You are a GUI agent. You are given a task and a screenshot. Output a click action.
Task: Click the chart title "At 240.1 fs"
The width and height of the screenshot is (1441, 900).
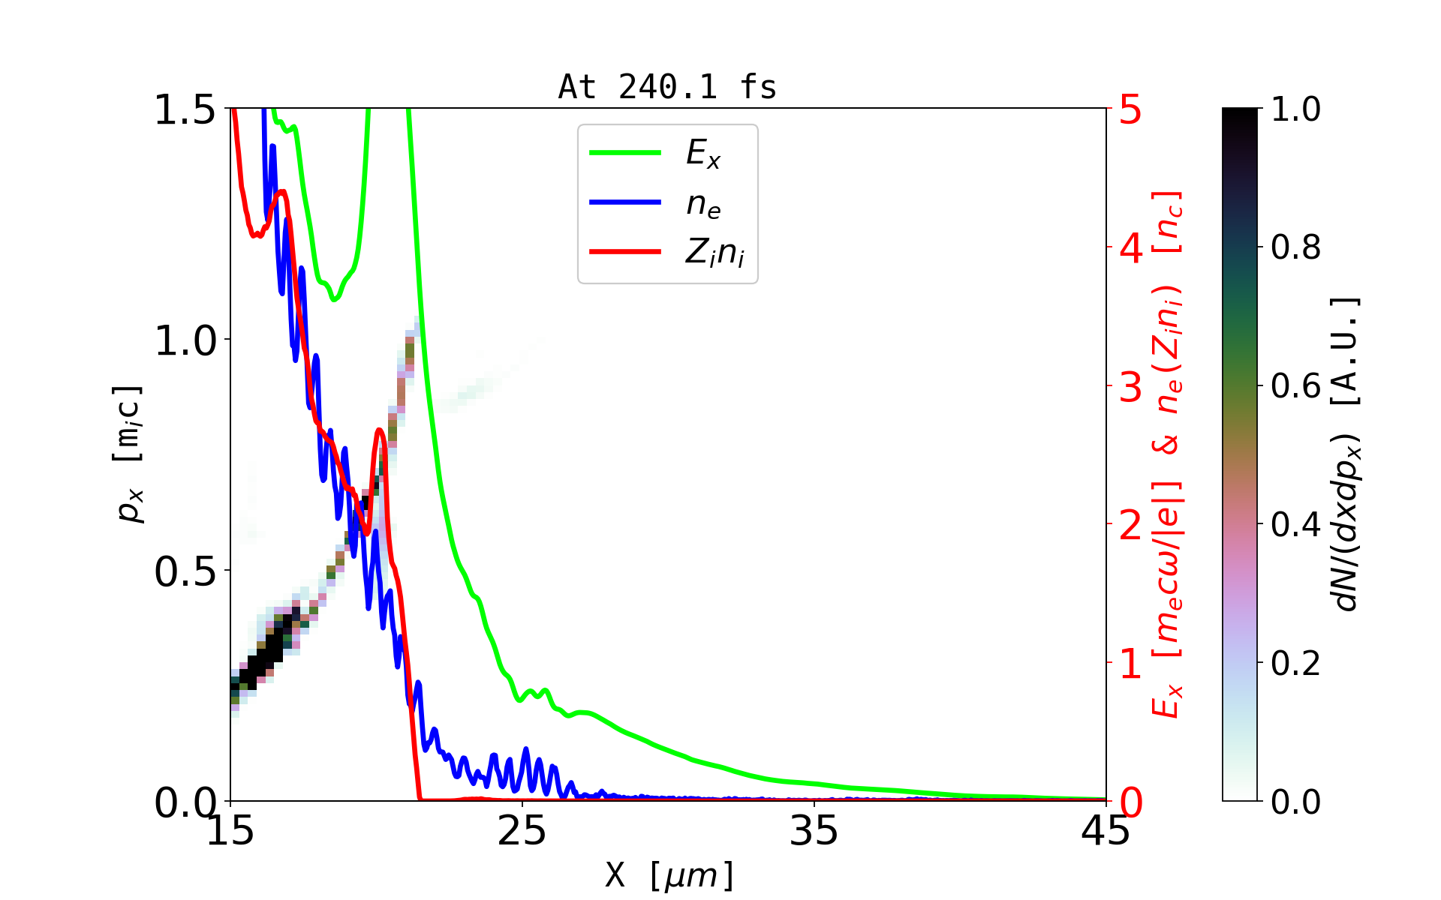(x=667, y=87)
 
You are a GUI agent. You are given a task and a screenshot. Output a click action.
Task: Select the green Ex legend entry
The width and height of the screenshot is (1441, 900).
(x=702, y=153)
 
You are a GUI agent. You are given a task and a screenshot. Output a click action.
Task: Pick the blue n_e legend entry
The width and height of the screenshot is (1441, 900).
(x=702, y=203)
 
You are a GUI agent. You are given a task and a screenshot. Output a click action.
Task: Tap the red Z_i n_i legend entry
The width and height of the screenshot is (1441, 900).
(x=713, y=253)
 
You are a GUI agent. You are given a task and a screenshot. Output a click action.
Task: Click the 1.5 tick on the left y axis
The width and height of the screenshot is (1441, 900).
(x=185, y=109)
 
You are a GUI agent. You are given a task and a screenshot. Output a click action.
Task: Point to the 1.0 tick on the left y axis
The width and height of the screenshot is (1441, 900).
(x=185, y=340)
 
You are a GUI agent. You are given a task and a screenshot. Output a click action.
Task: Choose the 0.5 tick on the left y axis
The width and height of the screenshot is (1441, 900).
(x=185, y=571)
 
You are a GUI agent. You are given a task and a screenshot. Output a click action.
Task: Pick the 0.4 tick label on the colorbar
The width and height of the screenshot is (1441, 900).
(x=1295, y=524)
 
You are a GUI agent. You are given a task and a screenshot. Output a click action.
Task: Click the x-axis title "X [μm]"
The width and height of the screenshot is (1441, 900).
(x=669, y=874)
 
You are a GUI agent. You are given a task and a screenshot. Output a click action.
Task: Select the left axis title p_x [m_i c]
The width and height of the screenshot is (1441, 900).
(x=128, y=454)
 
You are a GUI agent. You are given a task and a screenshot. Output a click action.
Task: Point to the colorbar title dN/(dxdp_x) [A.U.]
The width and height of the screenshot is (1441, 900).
(x=1347, y=454)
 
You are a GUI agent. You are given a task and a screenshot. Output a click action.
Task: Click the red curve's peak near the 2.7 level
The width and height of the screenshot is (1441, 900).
(x=380, y=430)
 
